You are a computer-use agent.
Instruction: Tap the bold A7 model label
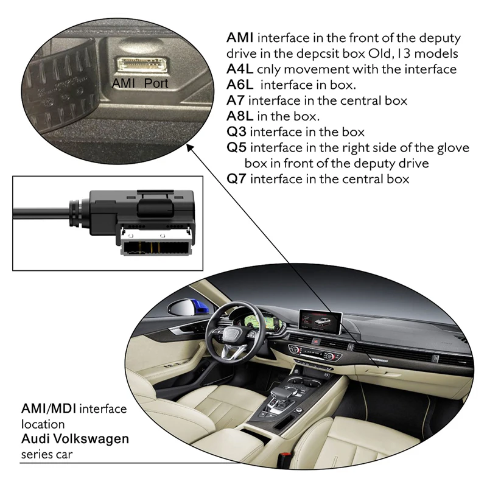tap(236, 100)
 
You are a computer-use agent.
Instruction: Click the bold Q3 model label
tap(237, 132)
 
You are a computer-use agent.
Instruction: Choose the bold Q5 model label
tap(237, 148)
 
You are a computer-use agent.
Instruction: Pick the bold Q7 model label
tap(237, 180)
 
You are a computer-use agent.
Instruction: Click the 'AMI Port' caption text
tap(140, 83)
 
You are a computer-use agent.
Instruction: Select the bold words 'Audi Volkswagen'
tap(75, 439)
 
